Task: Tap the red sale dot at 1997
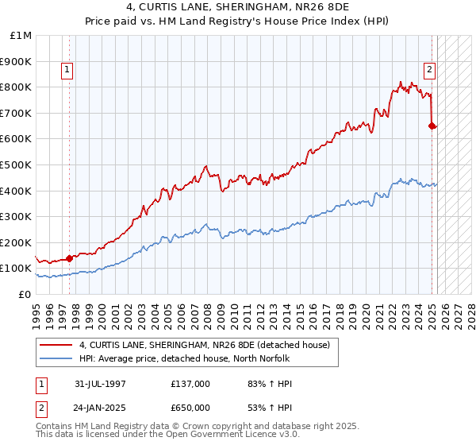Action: (x=69, y=258)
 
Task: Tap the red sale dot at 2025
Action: (x=432, y=126)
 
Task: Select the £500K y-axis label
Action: (x=17, y=164)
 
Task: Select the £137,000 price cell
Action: (x=190, y=384)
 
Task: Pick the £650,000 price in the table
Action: (x=190, y=408)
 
